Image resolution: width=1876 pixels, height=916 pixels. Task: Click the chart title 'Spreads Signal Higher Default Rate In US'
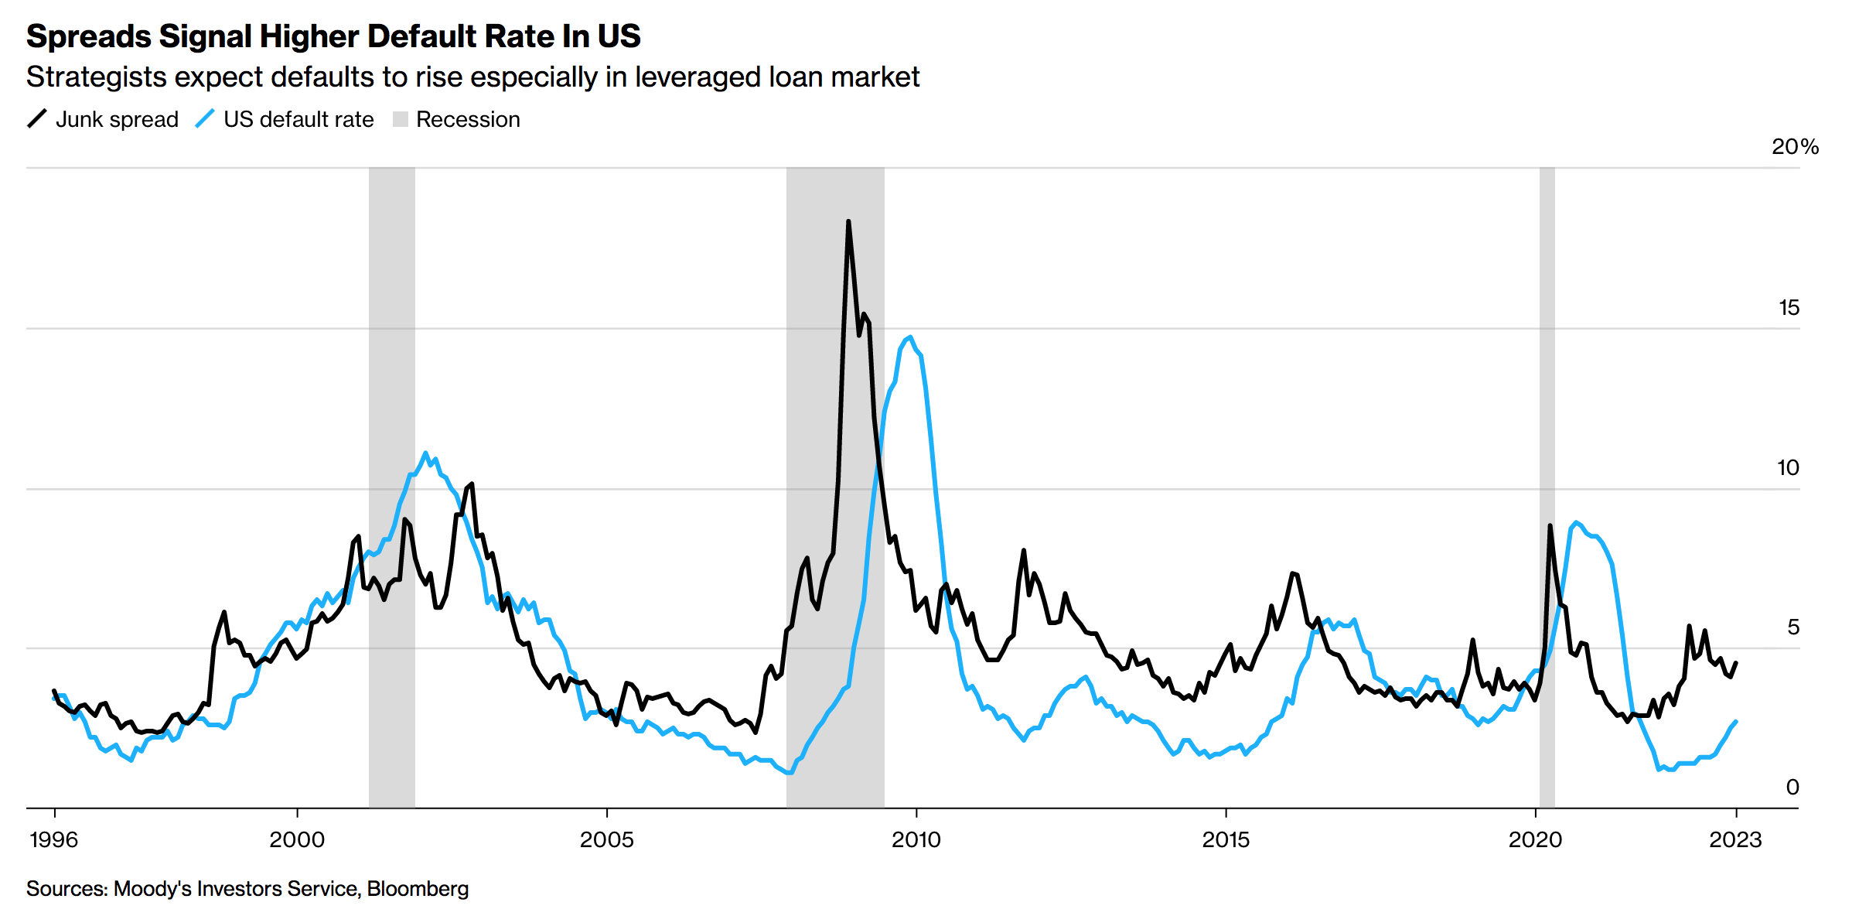click(333, 36)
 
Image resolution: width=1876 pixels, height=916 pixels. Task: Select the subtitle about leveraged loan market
click(472, 77)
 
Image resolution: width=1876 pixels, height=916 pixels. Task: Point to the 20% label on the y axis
click(1795, 147)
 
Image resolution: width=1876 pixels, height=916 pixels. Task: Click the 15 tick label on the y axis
click(1789, 308)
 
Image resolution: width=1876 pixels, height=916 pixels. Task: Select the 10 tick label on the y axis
click(1788, 468)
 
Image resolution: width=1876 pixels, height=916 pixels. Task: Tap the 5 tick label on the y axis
click(1793, 627)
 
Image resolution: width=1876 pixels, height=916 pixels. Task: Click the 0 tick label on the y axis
click(1792, 788)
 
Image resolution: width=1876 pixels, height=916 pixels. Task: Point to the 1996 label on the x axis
click(53, 840)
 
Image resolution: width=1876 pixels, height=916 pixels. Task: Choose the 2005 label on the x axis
click(607, 840)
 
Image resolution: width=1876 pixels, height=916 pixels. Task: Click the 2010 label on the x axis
click(916, 840)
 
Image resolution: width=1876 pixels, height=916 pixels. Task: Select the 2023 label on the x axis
click(1735, 840)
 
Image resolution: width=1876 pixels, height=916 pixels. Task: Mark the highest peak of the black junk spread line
click(848, 222)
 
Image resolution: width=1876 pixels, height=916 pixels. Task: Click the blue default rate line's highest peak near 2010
click(910, 337)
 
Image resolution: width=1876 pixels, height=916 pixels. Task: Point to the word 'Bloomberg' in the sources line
click(418, 889)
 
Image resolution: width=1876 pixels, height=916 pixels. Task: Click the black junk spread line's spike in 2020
click(1550, 526)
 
